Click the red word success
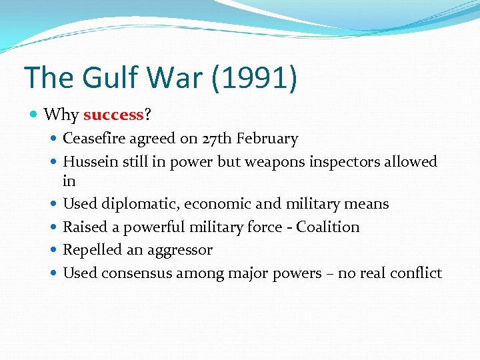113,115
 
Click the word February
268,139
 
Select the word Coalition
328,227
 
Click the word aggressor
181,250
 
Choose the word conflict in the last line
416,273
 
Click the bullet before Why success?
35,115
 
